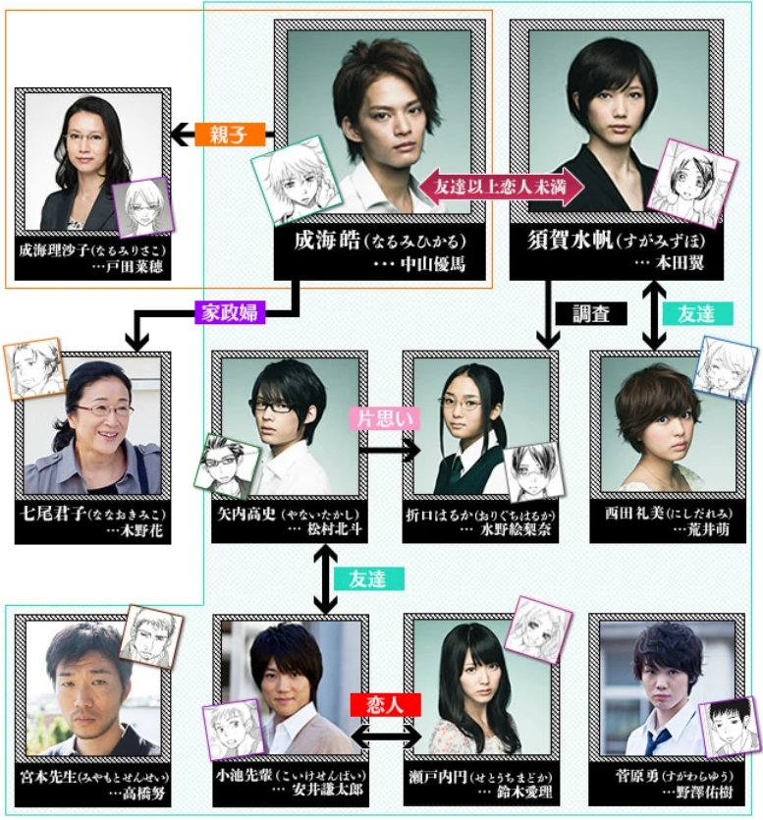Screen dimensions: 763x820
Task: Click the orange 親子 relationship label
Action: coord(226,135)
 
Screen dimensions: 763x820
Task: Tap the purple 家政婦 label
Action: coord(230,311)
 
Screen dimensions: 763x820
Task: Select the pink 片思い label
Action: coord(385,417)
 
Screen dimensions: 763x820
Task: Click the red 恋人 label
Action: coord(386,704)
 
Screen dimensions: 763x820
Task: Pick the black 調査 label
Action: coord(591,313)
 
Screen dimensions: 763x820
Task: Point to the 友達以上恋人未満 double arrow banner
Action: coord(502,185)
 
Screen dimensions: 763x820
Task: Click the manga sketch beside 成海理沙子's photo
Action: coord(143,208)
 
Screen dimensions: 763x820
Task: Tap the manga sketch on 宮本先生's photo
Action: coord(151,635)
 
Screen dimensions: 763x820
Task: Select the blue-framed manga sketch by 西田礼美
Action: coord(725,369)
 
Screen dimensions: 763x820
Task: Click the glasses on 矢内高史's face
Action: coord(274,405)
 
